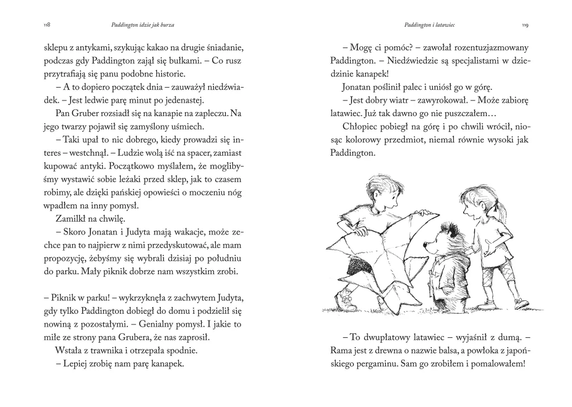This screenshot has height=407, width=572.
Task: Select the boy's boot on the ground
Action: [347, 302]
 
